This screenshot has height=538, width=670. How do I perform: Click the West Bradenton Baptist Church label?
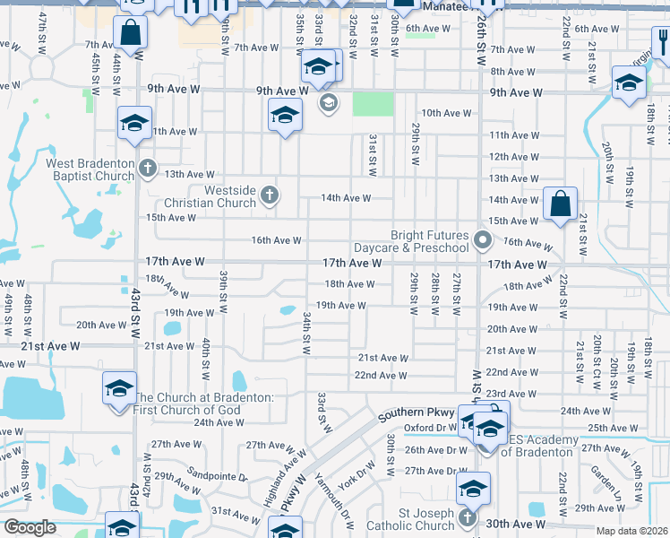(90, 169)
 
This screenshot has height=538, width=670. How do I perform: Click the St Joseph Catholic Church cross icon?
(467, 518)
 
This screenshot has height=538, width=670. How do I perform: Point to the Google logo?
(30, 527)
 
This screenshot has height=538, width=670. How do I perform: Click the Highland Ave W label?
(280, 481)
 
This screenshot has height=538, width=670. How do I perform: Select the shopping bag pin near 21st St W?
(560, 204)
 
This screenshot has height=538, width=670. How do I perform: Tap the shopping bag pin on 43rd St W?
(131, 34)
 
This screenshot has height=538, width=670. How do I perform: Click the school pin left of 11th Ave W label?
(135, 122)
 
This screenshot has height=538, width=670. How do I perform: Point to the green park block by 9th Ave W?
(373, 104)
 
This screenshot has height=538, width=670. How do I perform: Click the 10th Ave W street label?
(446, 113)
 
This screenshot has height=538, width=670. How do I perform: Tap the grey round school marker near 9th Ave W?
(328, 102)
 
